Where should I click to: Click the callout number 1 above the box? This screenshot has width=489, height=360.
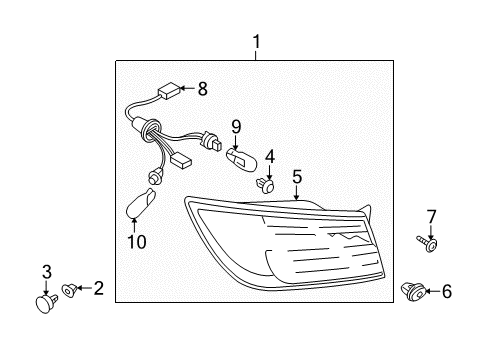click(x=256, y=42)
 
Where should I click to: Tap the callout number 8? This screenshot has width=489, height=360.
click(x=203, y=89)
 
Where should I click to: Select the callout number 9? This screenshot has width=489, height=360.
click(x=236, y=127)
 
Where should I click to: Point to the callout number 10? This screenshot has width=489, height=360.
click(x=137, y=241)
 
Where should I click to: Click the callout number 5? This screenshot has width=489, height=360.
click(x=297, y=177)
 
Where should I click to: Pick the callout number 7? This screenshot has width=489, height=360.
click(x=431, y=216)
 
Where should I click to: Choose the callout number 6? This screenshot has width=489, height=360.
click(x=447, y=291)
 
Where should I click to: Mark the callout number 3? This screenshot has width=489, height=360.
click(x=47, y=272)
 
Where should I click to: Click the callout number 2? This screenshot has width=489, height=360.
click(x=99, y=288)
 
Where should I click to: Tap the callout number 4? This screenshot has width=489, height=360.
click(x=270, y=156)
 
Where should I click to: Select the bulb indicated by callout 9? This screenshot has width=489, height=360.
click(x=242, y=160)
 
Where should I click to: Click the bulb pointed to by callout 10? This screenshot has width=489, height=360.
click(x=141, y=203)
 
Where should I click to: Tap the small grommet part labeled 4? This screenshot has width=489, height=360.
click(x=265, y=186)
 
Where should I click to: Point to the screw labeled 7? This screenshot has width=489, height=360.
click(x=427, y=243)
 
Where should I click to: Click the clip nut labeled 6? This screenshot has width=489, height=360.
click(x=413, y=292)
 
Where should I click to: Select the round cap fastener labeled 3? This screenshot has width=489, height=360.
click(x=46, y=302)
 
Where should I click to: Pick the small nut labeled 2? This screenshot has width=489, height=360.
click(x=70, y=290)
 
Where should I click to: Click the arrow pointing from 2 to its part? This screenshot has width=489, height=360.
click(x=85, y=288)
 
